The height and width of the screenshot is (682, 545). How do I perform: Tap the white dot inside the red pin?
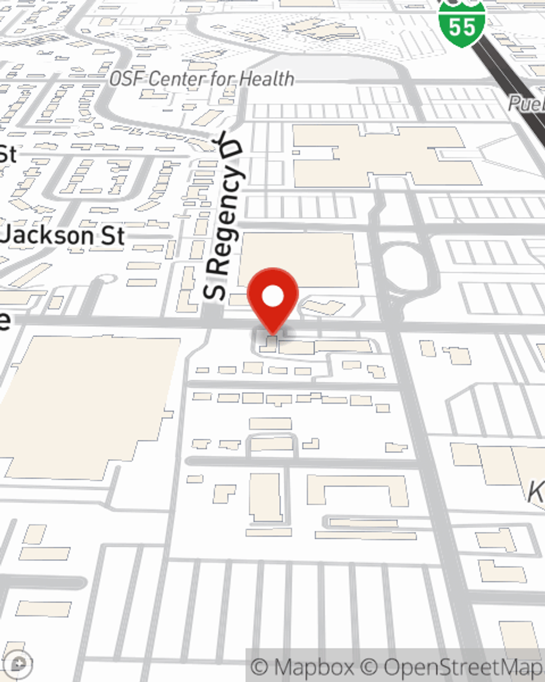pyautogui.click(x=272, y=297)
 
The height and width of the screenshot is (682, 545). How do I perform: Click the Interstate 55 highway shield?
pyautogui.click(x=462, y=22)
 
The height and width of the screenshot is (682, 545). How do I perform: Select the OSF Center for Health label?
pyautogui.click(x=202, y=79)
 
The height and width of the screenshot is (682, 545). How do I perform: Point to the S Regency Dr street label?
pyautogui.click(x=223, y=218)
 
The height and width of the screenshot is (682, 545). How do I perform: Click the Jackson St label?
pyautogui.click(x=63, y=236)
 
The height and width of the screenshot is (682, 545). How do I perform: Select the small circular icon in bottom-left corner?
pyautogui.click(x=19, y=664)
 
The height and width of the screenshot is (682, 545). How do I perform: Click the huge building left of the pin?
pyautogui.click(x=90, y=406)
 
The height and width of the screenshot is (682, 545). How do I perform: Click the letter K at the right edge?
pyautogui.click(x=536, y=493)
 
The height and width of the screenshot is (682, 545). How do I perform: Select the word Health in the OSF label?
pyautogui.click(x=267, y=79)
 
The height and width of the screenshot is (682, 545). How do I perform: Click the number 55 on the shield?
pyautogui.click(x=462, y=26)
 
